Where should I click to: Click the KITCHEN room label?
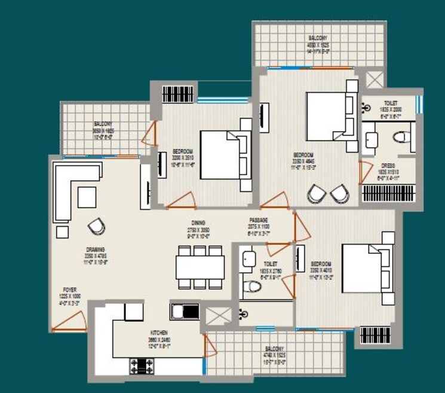(x=159, y=332)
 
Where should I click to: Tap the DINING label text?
(x=190, y=221)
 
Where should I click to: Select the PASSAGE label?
(x=259, y=220)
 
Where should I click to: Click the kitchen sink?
(x=185, y=312)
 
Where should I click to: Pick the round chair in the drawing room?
(x=96, y=225)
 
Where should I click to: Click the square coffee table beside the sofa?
(x=87, y=197)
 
